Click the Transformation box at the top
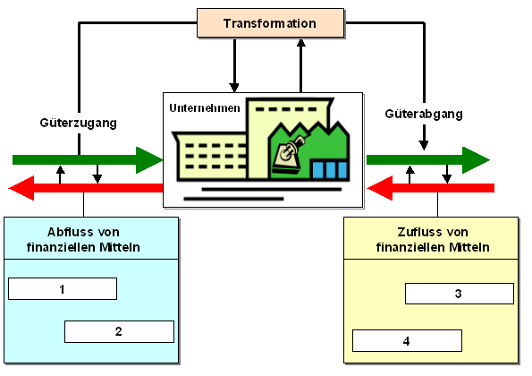(x=270, y=22)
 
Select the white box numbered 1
(x=63, y=288)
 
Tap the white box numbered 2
(x=119, y=331)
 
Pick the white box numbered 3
(x=460, y=294)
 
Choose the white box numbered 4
(x=407, y=341)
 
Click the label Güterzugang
(x=79, y=123)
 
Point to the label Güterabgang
(x=424, y=114)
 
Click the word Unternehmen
(x=205, y=108)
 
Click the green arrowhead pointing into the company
(x=148, y=160)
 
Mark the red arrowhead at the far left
(x=21, y=188)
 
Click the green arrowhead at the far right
(x=476, y=160)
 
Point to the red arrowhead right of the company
(x=380, y=188)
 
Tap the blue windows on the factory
(x=329, y=169)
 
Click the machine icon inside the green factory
(x=289, y=155)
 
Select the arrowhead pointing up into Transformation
(x=300, y=43)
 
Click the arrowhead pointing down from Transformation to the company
(x=234, y=88)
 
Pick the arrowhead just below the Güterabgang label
(x=424, y=145)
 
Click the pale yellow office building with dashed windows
(x=212, y=156)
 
